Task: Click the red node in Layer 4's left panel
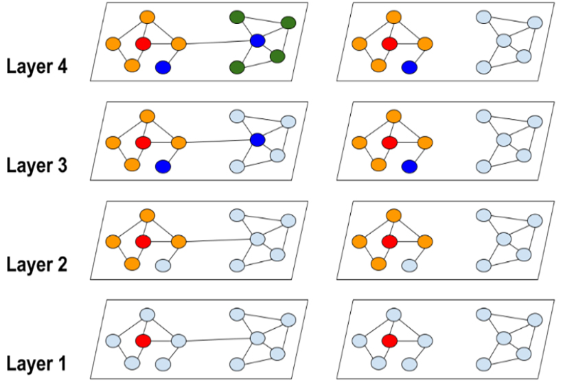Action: (x=143, y=44)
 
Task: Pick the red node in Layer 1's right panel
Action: (x=389, y=340)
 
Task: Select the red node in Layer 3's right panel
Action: (x=389, y=143)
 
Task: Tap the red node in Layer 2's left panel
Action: (x=143, y=242)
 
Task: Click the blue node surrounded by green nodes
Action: (x=257, y=41)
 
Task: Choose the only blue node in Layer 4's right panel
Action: (x=409, y=67)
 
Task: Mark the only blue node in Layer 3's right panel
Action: (x=409, y=166)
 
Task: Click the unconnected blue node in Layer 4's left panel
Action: (x=163, y=67)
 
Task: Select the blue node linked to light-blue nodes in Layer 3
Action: (x=257, y=140)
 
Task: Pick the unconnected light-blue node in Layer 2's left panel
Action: (x=163, y=265)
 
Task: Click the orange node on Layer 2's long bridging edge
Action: (x=179, y=242)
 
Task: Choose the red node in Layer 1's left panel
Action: (x=143, y=340)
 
